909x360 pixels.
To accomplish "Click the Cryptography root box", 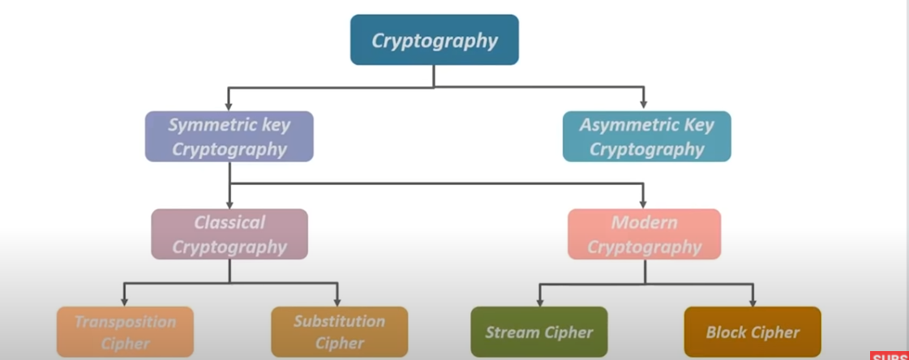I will (434, 40).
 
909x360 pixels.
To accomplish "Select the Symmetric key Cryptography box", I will (229, 136).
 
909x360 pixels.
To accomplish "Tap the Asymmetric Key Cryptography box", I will (646, 136).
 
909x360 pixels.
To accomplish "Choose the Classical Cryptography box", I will (229, 234).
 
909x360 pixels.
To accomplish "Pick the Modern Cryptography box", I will (644, 234).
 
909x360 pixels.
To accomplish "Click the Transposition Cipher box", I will (126, 332).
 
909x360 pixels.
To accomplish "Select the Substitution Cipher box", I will (339, 332).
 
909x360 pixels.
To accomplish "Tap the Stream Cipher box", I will (538, 332).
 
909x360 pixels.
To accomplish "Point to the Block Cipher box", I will (752, 332).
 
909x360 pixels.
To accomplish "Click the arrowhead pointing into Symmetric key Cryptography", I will (229, 105).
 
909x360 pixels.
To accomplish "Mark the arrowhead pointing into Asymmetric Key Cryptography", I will (644, 105).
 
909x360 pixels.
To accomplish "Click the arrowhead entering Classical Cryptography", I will (229, 204).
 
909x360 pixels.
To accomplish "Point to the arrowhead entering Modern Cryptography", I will (644, 204).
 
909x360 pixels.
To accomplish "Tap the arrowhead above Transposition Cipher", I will (124, 301).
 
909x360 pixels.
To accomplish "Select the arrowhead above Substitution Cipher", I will (337, 301).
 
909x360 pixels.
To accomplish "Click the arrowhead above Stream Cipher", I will (539, 301).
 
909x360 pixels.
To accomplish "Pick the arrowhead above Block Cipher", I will (753, 301).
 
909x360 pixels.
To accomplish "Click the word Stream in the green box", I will (512, 332).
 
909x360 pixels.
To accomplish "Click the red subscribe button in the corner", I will (890, 355).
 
